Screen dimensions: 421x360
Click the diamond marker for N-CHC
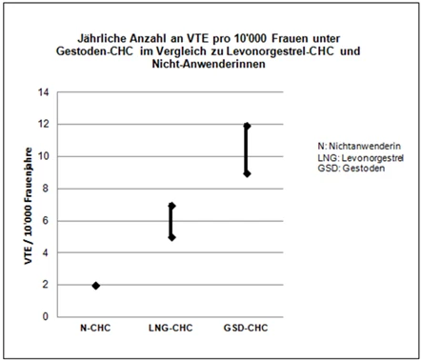point(96,286)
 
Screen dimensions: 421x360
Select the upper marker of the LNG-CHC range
point(171,206)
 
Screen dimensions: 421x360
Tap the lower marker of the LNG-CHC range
point(171,237)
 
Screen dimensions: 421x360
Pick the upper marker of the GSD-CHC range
point(247,126)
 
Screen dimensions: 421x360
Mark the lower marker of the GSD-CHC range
point(247,173)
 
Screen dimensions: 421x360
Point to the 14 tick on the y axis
point(44,92)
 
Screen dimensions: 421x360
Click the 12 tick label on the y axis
point(44,124)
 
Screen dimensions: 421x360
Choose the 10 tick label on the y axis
point(44,156)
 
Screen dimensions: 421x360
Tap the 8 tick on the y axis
point(46,189)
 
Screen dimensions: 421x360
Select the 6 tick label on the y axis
point(46,221)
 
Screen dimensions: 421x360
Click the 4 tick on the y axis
point(46,253)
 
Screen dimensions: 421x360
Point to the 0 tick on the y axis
point(46,316)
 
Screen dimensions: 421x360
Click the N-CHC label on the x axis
point(95,328)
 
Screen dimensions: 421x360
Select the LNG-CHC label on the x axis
point(170,328)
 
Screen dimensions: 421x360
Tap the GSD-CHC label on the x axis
point(246,328)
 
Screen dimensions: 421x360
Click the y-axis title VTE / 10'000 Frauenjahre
point(29,206)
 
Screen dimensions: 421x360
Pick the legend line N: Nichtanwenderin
point(359,147)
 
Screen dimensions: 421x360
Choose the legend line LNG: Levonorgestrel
point(361,158)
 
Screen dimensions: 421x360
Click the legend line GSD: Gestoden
point(351,169)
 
